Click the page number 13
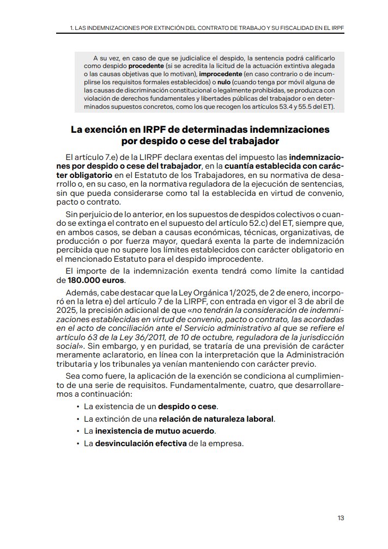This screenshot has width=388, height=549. click(340, 518)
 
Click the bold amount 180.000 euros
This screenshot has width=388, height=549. click(95, 280)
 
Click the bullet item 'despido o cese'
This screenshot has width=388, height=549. click(187, 406)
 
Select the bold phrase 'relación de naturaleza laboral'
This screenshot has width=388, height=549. click(216, 419)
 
